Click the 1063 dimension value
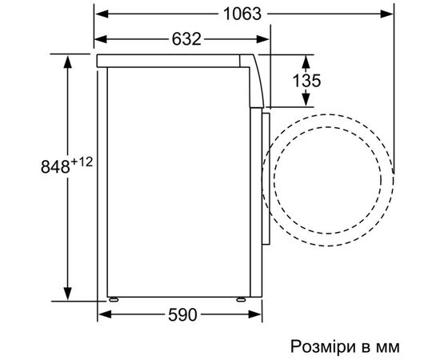(242, 14)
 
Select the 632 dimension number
(186, 39)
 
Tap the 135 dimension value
(306, 81)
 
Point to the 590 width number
(182, 315)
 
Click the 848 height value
(55, 166)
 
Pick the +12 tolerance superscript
(82, 162)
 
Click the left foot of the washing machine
(114, 299)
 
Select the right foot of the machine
(241, 299)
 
